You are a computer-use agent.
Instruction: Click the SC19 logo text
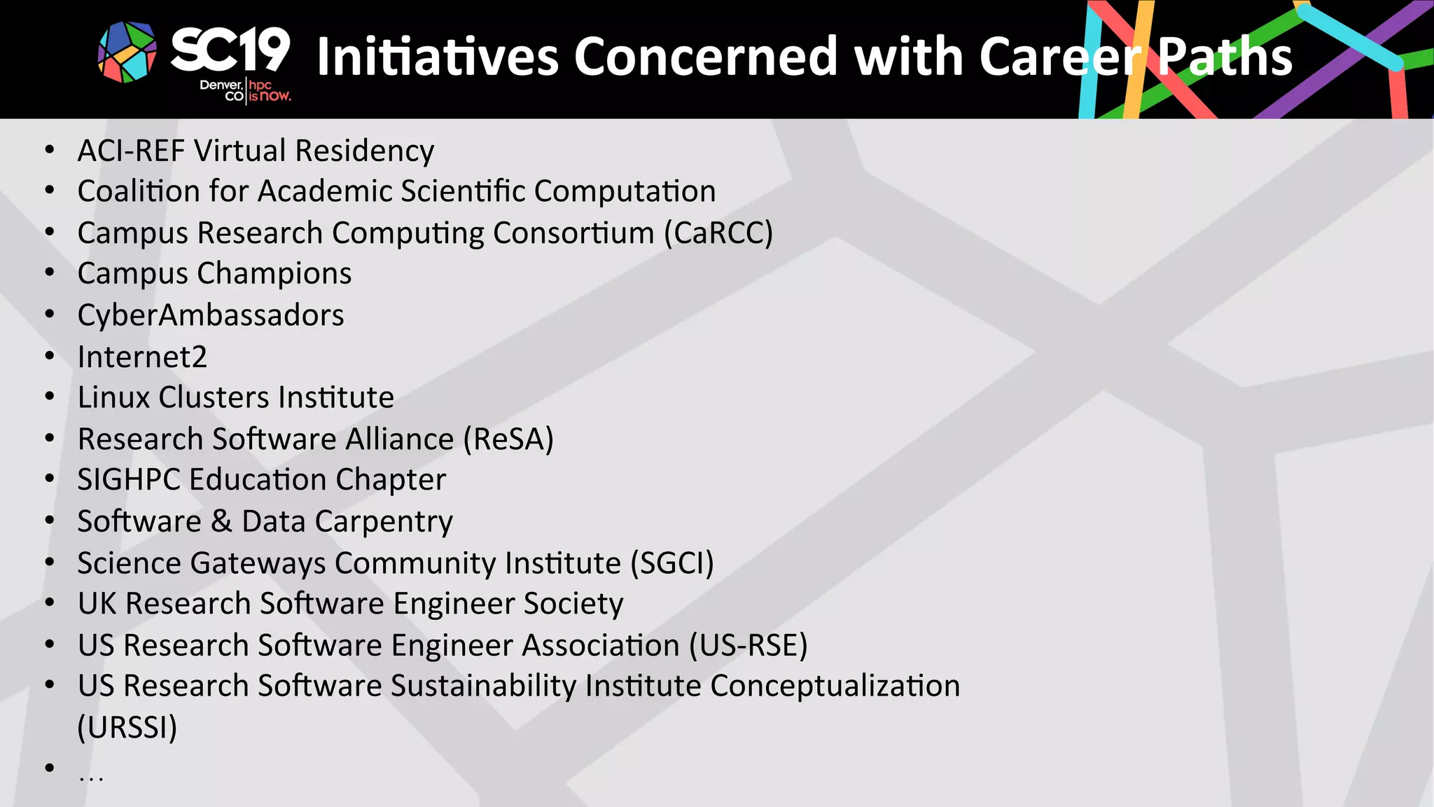[230, 50]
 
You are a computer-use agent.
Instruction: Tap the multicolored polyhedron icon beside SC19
[127, 52]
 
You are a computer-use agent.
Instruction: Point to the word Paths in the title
[1224, 57]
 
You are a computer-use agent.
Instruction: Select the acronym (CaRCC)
[718, 233]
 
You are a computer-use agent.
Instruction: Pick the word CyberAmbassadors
[211, 315]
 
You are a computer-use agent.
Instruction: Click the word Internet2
[142, 357]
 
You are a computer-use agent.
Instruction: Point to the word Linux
[113, 397]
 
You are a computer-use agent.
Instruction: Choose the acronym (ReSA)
[508, 439]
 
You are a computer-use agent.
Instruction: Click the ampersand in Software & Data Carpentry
[221, 522]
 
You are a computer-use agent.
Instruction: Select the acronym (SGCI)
[672, 563]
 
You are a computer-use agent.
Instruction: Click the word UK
[97, 604]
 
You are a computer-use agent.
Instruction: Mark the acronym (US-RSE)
[748, 645]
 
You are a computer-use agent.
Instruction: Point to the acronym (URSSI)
[127, 727]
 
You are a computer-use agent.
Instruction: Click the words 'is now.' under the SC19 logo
[270, 97]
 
